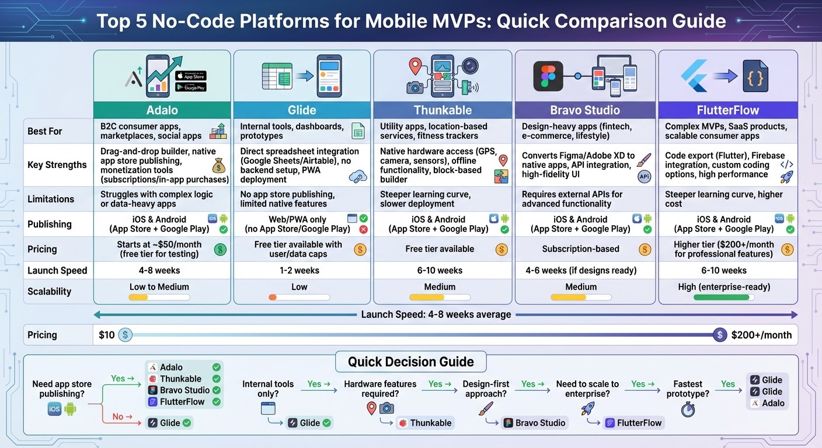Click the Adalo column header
pyautogui.click(x=162, y=110)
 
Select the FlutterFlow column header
pyautogui.click(x=727, y=110)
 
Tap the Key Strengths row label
pyautogui.click(x=57, y=164)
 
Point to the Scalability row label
pyautogui.click(x=49, y=291)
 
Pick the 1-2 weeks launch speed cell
pyautogui.click(x=299, y=270)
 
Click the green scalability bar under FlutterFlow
pyautogui.click(x=722, y=297)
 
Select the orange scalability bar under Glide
pyautogui.click(x=273, y=297)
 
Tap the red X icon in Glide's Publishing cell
pyautogui.click(x=363, y=229)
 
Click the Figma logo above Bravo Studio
pyautogui.click(x=548, y=76)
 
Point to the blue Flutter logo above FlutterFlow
pyautogui.click(x=694, y=76)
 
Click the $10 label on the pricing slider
pyautogui.click(x=107, y=335)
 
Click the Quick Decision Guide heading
pyautogui.click(x=410, y=362)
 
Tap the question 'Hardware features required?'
pyautogui.click(x=380, y=389)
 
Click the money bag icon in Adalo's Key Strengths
pyautogui.click(x=219, y=167)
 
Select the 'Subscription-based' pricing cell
pyautogui.click(x=580, y=249)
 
